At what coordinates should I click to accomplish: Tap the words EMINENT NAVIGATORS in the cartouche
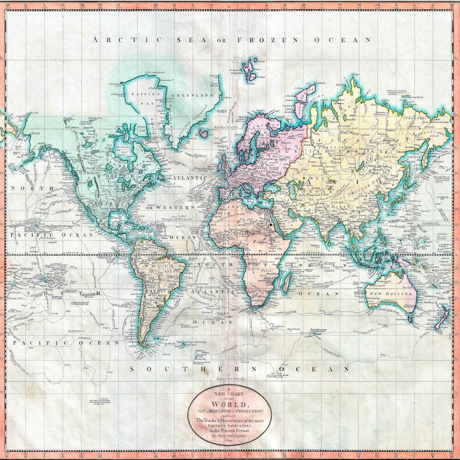230,426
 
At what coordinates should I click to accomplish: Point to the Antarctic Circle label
230,379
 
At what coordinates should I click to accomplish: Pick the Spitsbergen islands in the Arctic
251,69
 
